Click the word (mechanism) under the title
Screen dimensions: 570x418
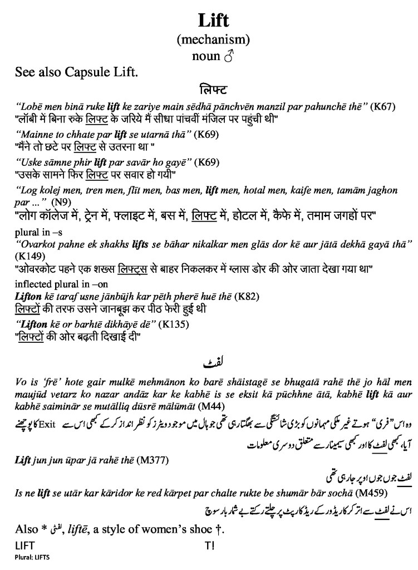[213, 40]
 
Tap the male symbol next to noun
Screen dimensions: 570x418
[227, 56]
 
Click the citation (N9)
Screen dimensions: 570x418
[58, 200]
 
